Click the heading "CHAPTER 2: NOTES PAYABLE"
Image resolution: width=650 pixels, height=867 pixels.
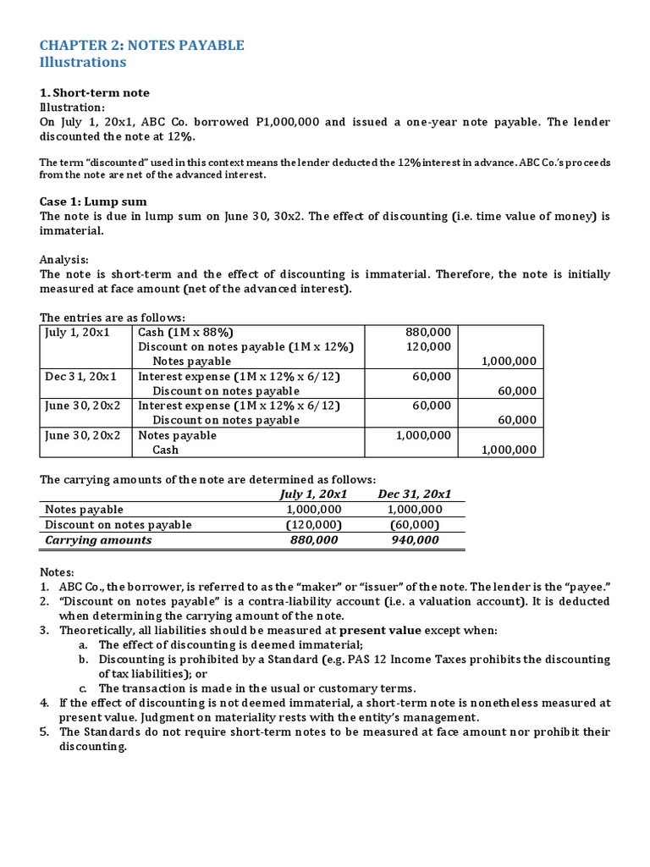[x=142, y=45]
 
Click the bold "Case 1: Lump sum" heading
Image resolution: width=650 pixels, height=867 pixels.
[x=93, y=202]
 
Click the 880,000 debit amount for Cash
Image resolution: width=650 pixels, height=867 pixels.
[x=429, y=333]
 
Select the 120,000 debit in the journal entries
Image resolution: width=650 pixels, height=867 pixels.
[x=429, y=347]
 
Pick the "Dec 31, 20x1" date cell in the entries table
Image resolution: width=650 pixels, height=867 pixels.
[x=80, y=376]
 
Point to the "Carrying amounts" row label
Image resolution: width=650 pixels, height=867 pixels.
[x=98, y=539]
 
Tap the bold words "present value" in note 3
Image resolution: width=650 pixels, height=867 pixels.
[x=378, y=631]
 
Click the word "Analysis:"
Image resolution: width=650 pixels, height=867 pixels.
[x=64, y=260]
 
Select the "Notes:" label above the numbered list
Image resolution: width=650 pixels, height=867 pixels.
[x=58, y=572]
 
